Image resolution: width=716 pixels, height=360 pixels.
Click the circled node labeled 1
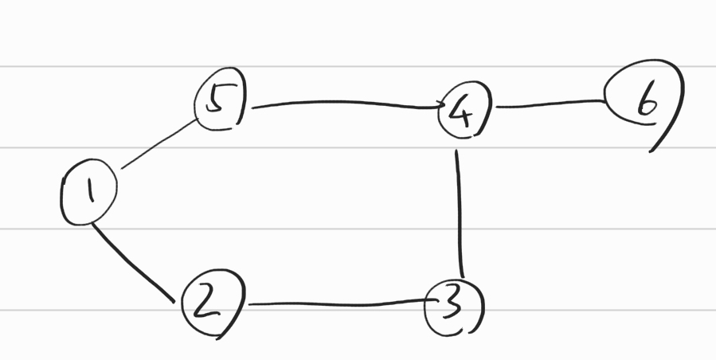tap(88, 190)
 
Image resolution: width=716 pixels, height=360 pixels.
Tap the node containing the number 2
tap(209, 305)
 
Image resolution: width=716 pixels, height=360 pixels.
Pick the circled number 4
tap(464, 114)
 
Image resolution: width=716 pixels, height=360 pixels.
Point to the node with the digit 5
tap(220, 103)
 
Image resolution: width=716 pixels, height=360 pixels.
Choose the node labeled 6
tap(644, 101)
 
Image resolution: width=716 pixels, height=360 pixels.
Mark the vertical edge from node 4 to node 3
tap(460, 211)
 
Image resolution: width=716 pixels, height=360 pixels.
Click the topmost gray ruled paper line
tap(358, 67)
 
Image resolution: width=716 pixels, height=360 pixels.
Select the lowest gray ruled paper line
tap(358, 310)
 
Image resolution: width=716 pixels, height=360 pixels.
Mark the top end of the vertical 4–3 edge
tap(456, 151)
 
